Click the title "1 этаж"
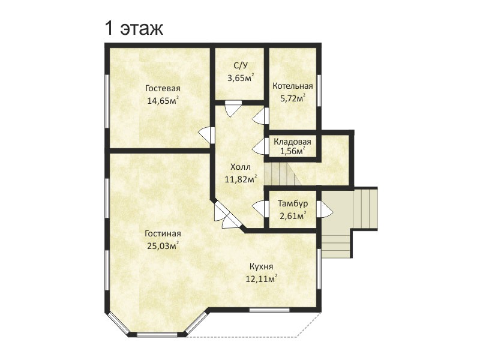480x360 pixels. [134, 28]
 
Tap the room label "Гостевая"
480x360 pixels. [163, 88]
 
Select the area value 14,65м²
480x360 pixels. [163, 100]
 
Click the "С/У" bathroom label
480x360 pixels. [240, 65]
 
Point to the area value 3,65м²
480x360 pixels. [241, 78]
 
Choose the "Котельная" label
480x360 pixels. [293, 86]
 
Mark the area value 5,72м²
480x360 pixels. [293, 98]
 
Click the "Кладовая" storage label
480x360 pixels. [292, 142]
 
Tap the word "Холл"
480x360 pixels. [241, 167]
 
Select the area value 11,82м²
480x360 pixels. [241, 179]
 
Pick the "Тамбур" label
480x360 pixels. [293, 203]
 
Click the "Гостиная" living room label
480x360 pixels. [163, 233]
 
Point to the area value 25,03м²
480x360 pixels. [163, 246]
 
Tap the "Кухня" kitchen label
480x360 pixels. [261, 266]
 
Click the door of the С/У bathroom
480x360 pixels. [233, 109]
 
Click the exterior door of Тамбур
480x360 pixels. [324, 209]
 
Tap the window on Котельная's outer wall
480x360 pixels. [319, 91]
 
